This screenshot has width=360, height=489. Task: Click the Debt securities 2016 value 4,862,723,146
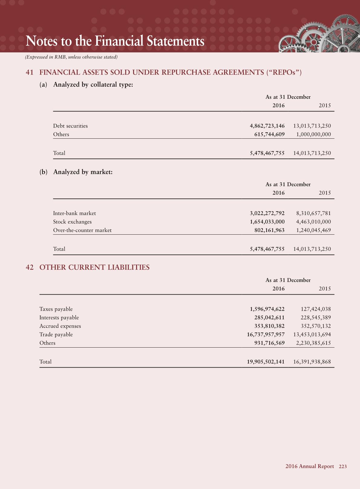(267, 126)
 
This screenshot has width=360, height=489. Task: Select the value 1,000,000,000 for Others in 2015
(313, 134)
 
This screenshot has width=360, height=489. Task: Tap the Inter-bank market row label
(74, 213)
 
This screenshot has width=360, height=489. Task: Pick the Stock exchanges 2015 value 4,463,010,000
(313, 222)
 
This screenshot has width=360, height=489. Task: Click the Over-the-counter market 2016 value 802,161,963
(269, 230)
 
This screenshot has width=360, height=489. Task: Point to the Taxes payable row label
(56, 309)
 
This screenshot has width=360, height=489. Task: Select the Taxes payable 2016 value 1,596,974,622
(267, 309)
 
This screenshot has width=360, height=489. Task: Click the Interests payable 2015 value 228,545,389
(316, 318)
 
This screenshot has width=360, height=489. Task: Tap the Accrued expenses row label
(60, 326)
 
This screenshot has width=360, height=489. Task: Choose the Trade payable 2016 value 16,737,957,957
(266, 335)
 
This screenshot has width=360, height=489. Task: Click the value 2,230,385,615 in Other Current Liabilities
(313, 343)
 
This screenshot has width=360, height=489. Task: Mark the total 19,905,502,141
(266, 362)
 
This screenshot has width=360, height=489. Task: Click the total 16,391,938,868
(312, 362)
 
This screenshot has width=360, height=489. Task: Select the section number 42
(29, 267)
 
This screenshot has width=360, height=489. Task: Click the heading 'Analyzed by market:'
(83, 172)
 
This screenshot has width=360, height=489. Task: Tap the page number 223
(343, 466)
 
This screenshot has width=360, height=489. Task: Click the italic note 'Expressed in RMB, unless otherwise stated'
(71, 57)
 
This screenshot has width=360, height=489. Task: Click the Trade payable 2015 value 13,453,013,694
(312, 335)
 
